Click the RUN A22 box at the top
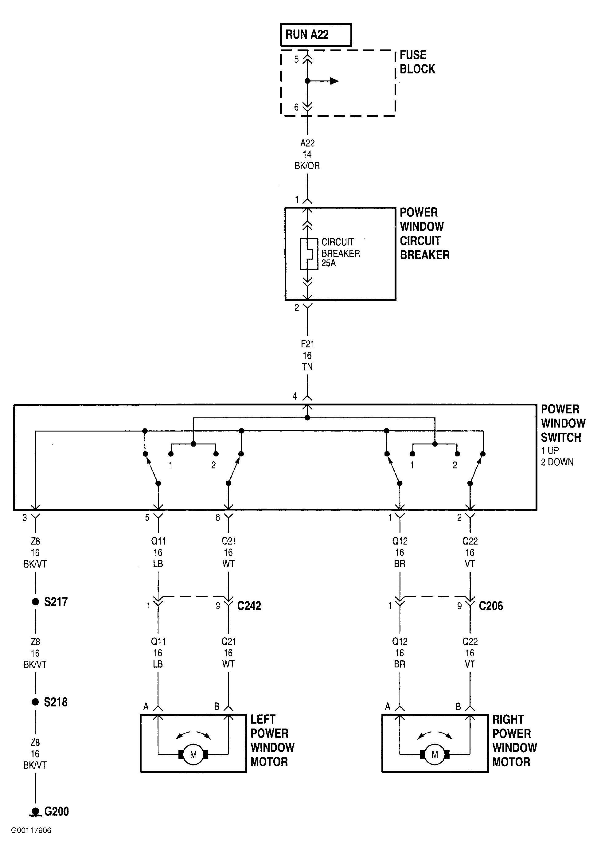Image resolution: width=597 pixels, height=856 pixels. click(x=316, y=35)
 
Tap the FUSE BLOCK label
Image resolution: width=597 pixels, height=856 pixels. click(x=417, y=62)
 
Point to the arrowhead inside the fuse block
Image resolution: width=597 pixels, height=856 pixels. click(x=334, y=81)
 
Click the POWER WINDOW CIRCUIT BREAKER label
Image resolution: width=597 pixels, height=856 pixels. click(x=424, y=234)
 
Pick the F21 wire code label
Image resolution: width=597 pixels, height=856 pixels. click(x=307, y=344)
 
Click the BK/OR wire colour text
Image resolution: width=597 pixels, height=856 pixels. click(x=307, y=166)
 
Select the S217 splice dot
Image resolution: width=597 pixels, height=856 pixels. click(x=35, y=601)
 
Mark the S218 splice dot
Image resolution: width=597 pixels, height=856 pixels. click(x=35, y=702)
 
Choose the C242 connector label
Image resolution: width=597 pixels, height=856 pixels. click(x=249, y=606)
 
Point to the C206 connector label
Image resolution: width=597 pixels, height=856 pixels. click(x=491, y=606)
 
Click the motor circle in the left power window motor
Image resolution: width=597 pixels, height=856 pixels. click(x=193, y=755)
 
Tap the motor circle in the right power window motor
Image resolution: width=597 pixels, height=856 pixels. click(x=435, y=755)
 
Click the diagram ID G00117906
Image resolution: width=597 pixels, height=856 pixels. click(x=31, y=830)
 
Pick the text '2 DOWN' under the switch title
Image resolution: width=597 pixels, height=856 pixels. click(x=557, y=462)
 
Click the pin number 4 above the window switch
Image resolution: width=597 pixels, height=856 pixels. click(x=295, y=396)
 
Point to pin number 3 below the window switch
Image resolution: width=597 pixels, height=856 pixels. click(x=25, y=518)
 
